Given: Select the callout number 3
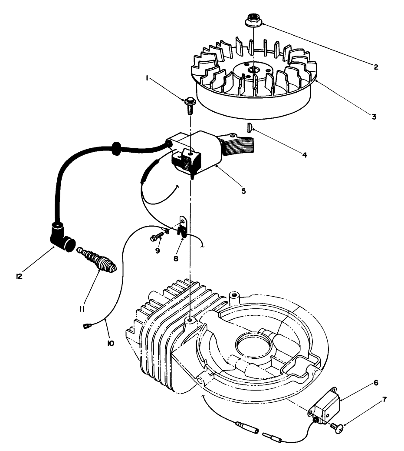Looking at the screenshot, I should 374,116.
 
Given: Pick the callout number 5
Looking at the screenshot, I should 244,190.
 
